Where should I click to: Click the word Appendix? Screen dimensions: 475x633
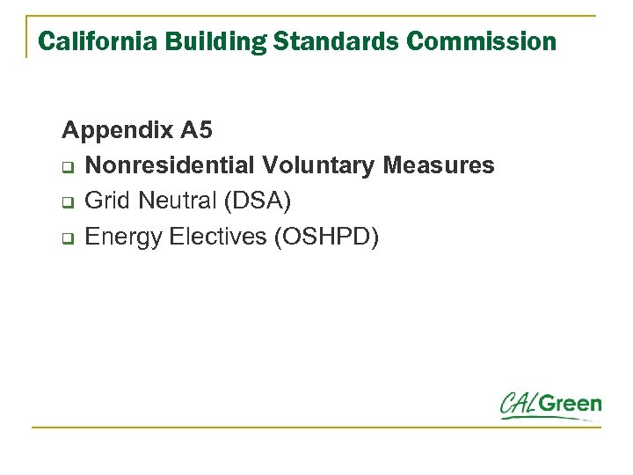click(118, 132)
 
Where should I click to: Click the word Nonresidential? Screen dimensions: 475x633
click(171, 165)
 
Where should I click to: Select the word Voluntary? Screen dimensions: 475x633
click(324, 165)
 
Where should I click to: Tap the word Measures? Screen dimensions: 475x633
click(445, 165)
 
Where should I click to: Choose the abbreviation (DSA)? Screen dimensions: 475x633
click(257, 201)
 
